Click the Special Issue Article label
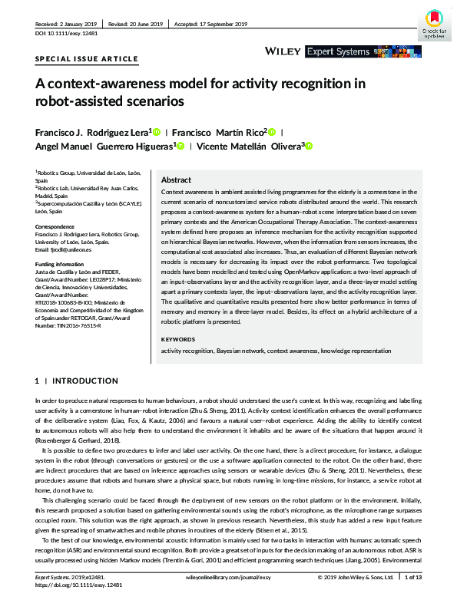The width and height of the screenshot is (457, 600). click(x=87, y=58)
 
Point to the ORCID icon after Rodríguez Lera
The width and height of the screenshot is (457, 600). click(x=157, y=132)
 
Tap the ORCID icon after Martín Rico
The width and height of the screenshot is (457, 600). click(x=271, y=132)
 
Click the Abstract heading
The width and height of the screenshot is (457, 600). click(x=176, y=179)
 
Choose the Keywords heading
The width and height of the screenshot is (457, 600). click(x=178, y=339)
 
